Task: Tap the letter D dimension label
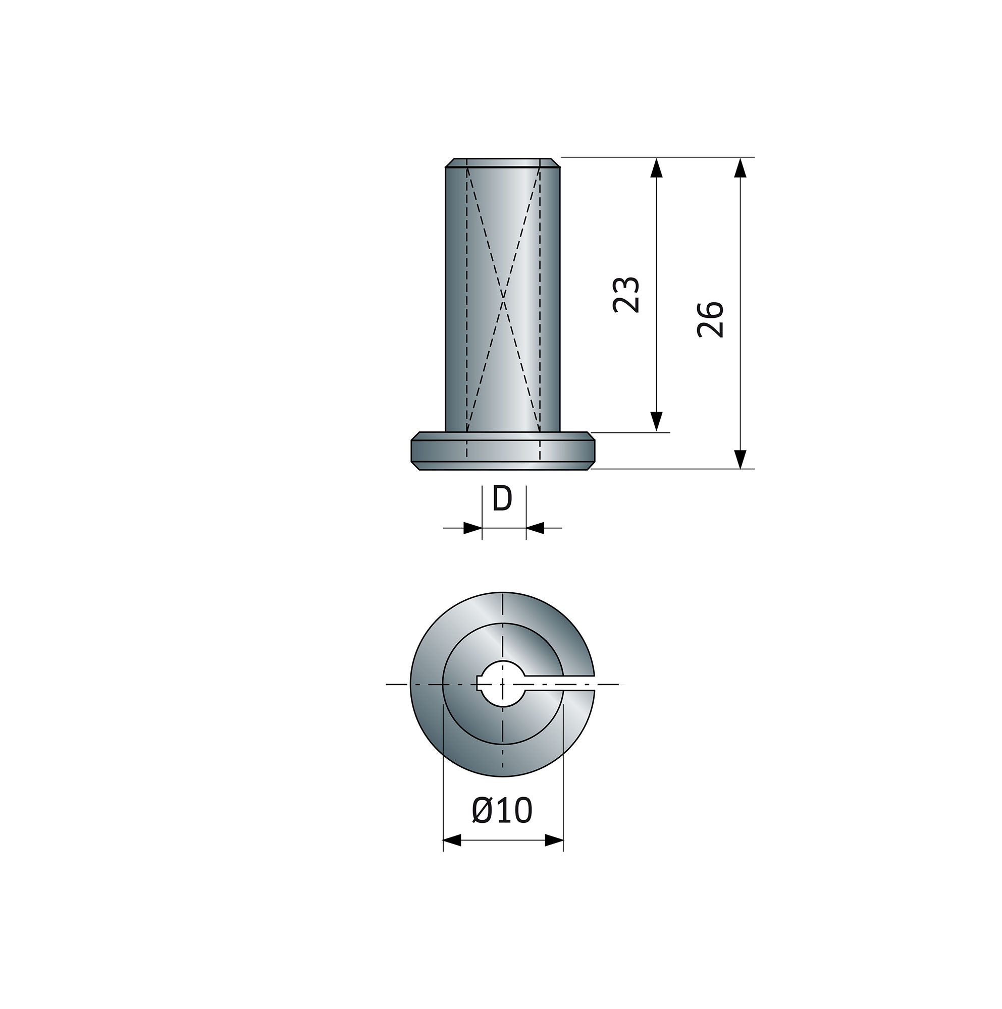[x=502, y=499]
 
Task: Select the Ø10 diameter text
[x=502, y=811]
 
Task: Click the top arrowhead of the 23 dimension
[x=657, y=168]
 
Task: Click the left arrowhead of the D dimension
[x=472, y=528]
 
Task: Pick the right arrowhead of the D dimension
[x=535, y=528]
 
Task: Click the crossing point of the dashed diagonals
[x=503, y=299]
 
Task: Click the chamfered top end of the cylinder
[x=502, y=162]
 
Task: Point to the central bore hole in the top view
[x=502, y=683]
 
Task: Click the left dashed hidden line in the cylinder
[x=466, y=298]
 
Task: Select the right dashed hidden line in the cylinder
[x=540, y=298]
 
